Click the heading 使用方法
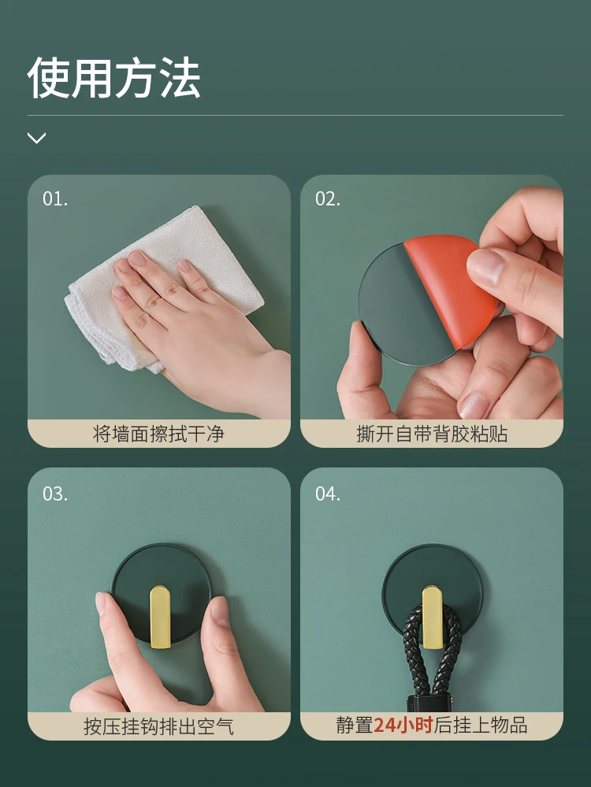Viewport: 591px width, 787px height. (114, 78)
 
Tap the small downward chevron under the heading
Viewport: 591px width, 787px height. (36, 139)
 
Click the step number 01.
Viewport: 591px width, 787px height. (55, 199)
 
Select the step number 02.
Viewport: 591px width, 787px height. (328, 199)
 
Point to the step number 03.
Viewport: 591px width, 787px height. (55, 494)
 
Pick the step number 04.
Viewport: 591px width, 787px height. (328, 494)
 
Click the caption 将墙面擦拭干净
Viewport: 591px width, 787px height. (159, 434)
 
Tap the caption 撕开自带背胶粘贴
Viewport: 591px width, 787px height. (432, 434)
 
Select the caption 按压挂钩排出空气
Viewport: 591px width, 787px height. (159, 726)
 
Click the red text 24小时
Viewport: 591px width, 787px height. (403, 725)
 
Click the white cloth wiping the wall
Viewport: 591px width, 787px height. (102, 299)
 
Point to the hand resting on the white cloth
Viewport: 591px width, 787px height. (189, 315)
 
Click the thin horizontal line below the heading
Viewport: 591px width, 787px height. (295, 116)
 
